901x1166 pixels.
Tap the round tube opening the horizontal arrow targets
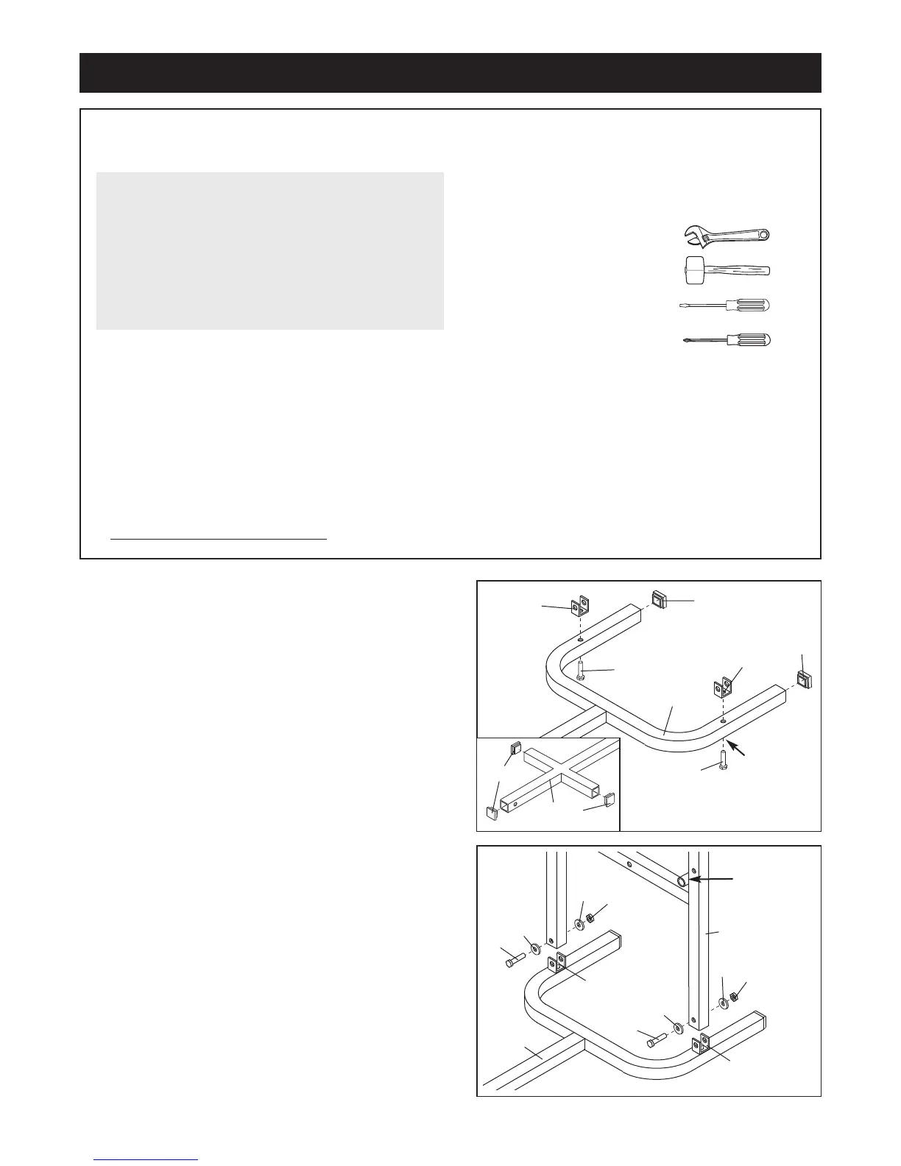(682, 881)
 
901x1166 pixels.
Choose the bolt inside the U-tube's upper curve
(582, 668)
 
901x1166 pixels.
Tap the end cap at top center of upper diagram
(659, 601)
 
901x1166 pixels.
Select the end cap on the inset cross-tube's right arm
(609, 799)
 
